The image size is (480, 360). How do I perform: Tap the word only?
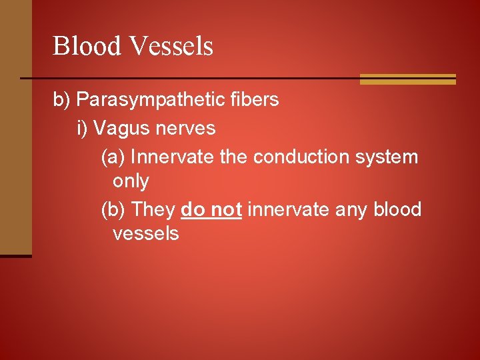click(x=131, y=181)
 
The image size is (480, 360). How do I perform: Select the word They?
click(x=153, y=209)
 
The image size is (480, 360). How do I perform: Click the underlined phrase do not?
click(x=211, y=209)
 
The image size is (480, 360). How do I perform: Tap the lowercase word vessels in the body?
click(x=146, y=233)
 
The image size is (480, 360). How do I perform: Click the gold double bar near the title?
click(x=407, y=79)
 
